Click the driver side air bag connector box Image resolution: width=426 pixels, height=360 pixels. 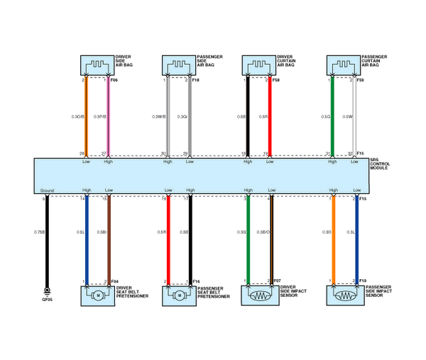[x=97, y=66]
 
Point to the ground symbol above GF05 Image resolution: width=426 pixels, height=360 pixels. [x=47, y=290]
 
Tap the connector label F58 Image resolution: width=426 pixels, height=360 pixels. [x=276, y=80]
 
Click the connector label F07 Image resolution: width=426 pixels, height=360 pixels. [x=277, y=281]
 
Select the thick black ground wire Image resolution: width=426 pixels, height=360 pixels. [x=47, y=249]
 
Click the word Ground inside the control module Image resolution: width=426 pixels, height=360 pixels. [x=48, y=190]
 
